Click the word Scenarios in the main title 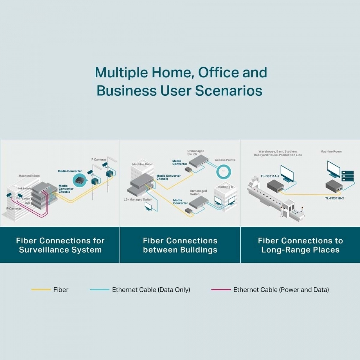(x=229, y=91)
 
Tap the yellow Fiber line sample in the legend (x=41, y=290)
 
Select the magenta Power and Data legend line (x=221, y=290)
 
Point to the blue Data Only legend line (x=100, y=290)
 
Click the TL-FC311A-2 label (x=270, y=176)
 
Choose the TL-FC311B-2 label (x=334, y=198)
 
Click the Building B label (x=225, y=187)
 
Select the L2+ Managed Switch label (x=138, y=199)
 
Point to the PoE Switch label (x=24, y=188)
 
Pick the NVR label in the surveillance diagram (x=27, y=203)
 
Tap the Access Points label (x=225, y=160)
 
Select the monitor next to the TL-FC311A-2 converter (x=287, y=173)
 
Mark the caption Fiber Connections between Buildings (x=180, y=245)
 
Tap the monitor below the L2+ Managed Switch (x=148, y=206)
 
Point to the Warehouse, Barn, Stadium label (x=278, y=151)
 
